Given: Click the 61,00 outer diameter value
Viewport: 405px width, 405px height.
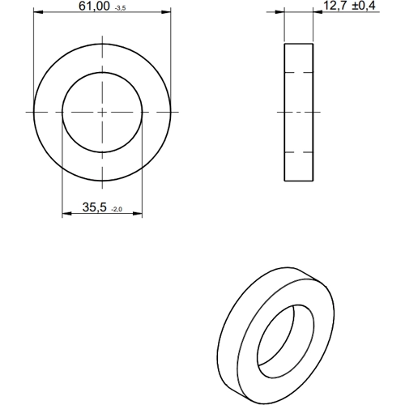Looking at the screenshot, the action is pos(94,6).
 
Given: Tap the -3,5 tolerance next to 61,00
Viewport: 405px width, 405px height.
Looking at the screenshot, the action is pos(120,8).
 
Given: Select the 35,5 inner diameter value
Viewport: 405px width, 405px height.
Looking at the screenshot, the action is pos(95,207).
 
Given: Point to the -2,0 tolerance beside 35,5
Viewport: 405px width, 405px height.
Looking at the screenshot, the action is pos(117,209).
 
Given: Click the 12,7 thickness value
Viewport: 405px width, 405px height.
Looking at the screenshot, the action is pos(335,6).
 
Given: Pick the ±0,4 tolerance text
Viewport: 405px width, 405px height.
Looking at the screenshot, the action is pos(364,6).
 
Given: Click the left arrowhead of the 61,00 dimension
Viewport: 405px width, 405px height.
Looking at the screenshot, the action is pos(38,12).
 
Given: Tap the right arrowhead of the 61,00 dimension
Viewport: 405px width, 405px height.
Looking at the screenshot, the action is pos(166,12).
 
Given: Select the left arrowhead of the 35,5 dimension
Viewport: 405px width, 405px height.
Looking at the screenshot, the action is pos(66,214).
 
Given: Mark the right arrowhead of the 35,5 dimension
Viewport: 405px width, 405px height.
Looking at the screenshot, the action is pos(138,214).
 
